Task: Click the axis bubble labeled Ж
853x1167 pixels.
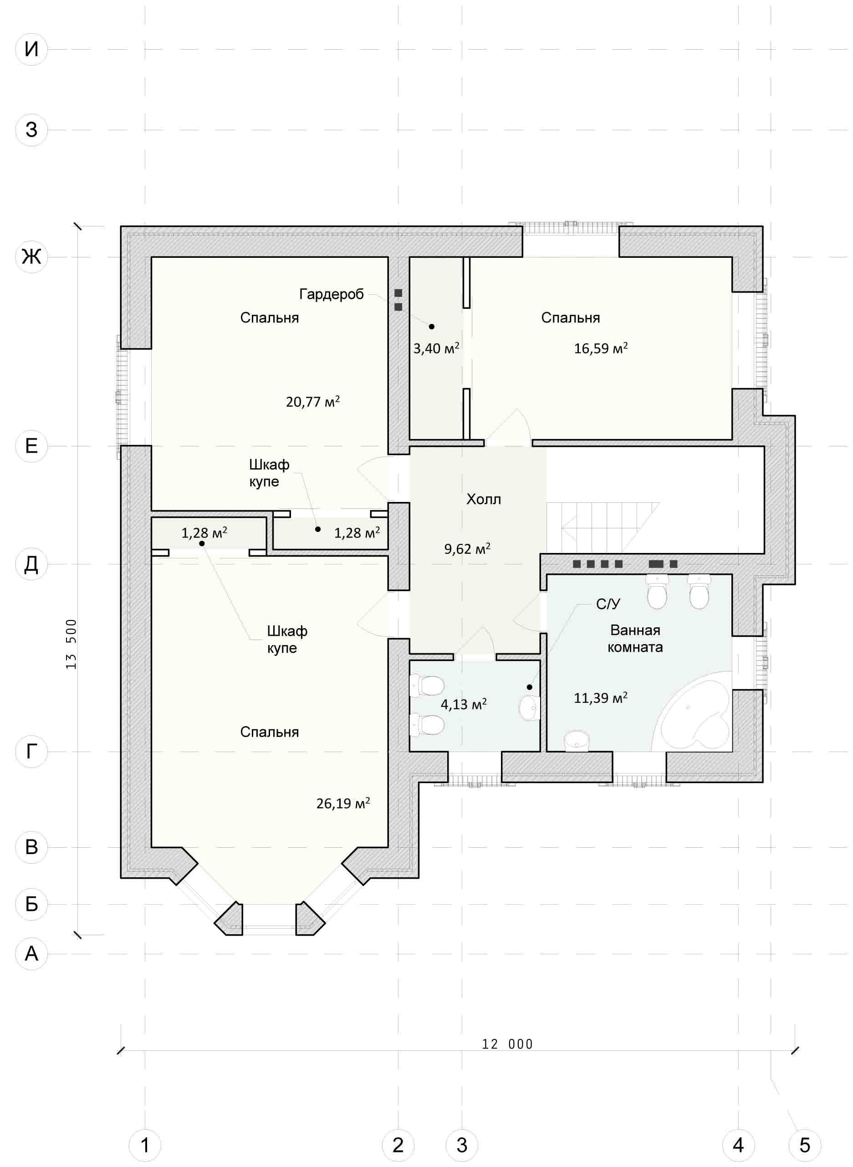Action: (31, 256)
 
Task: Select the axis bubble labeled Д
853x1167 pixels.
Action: (31, 563)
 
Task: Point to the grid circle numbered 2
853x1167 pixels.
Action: (398, 1145)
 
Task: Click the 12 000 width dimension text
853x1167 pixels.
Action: (507, 1044)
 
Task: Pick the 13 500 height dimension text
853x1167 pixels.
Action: (71, 644)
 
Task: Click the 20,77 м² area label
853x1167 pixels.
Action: (313, 401)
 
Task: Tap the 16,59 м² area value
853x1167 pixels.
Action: (601, 348)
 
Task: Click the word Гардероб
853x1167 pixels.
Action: (332, 294)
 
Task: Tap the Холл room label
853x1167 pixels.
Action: (484, 499)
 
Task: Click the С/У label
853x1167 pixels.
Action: (608, 604)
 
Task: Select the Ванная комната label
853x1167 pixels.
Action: (635, 638)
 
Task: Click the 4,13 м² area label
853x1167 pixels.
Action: (464, 704)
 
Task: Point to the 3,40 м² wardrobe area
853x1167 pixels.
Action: (436, 348)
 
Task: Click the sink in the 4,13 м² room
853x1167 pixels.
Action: (529, 707)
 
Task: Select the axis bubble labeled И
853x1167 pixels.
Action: (31, 49)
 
